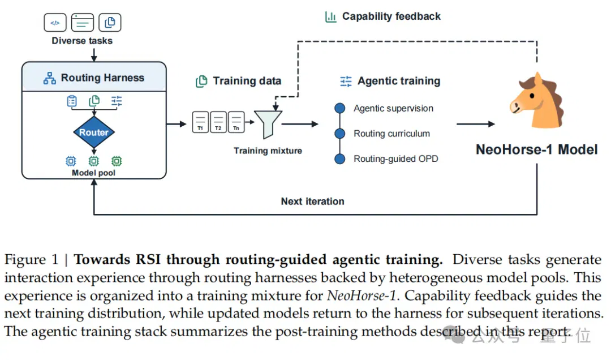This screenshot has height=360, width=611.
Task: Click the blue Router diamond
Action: (x=94, y=132)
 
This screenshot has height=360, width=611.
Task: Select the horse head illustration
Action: (x=536, y=100)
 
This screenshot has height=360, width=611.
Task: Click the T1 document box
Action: (x=200, y=122)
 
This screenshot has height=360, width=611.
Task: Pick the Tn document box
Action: (x=236, y=122)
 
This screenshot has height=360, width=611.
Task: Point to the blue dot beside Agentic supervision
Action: (x=340, y=108)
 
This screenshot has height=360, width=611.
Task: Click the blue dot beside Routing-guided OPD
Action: (x=340, y=158)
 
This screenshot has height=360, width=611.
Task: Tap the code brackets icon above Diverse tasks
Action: (x=55, y=23)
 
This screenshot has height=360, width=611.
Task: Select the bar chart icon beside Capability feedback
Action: (x=330, y=17)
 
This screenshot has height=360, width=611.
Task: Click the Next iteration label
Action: (x=312, y=202)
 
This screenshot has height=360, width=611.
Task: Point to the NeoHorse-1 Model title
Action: (x=536, y=149)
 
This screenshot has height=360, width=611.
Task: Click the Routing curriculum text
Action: (x=391, y=134)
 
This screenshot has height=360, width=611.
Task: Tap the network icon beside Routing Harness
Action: (x=49, y=78)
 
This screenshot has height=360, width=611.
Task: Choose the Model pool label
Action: (x=93, y=173)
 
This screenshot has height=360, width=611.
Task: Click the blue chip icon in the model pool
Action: (x=71, y=161)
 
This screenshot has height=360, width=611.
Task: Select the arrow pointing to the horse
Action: (x=475, y=124)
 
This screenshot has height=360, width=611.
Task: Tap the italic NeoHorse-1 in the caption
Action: (x=361, y=295)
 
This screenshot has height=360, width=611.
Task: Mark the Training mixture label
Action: (x=268, y=151)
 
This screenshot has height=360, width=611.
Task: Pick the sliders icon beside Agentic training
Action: (x=346, y=81)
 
